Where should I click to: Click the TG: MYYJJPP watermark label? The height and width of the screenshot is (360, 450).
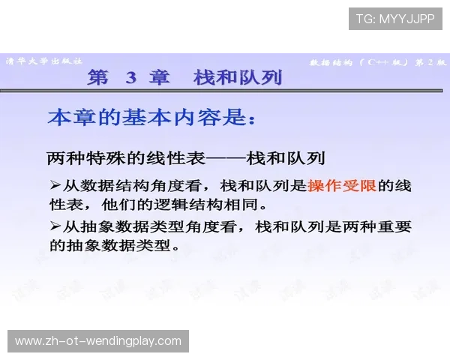[x=395, y=19]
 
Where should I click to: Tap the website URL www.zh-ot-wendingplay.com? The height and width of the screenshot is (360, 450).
[x=98, y=341]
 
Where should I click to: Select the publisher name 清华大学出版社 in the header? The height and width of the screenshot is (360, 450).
[x=43, y=61]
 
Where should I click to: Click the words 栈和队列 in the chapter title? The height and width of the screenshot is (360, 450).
[x=238, y=77]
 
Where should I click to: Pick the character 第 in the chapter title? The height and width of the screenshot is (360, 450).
[x=98, y=77]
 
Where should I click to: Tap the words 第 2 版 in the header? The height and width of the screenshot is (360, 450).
[x=429, y=61]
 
